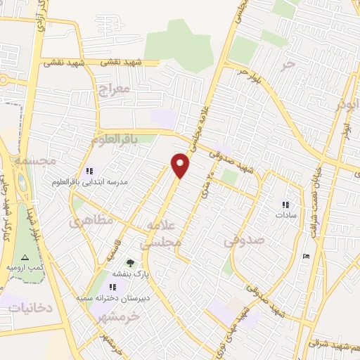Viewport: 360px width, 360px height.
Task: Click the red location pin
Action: [x=181, y=165]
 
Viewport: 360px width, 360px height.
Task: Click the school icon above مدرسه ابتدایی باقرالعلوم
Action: [x=89, y=170]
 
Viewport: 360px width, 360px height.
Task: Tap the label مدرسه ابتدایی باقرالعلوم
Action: [x=89, y=181]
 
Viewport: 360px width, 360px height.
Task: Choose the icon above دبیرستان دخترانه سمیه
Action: [x=112, y=286]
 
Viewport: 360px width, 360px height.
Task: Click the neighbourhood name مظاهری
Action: [x=91, y=220]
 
